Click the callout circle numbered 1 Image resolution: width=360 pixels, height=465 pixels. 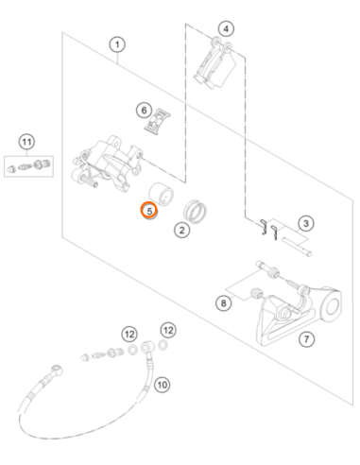117,44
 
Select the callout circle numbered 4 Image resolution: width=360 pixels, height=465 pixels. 226,29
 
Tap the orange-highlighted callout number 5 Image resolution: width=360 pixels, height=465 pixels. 149,211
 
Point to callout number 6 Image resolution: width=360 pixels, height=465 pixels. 144,111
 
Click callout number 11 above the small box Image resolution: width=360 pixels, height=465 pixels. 26,142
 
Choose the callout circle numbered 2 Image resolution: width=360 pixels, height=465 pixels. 181,230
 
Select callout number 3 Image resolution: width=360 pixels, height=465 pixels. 306,223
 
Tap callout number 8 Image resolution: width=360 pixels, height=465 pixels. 223,303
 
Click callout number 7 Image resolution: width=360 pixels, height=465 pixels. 306,339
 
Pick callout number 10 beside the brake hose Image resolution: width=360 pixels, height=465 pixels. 162,385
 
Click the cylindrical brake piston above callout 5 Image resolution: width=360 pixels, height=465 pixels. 161,194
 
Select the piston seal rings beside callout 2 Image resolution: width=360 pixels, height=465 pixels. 196,212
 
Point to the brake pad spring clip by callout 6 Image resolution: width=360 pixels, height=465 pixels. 158,122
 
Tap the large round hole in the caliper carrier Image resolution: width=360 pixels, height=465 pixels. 333,306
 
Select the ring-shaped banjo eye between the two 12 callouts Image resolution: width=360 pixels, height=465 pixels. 147,348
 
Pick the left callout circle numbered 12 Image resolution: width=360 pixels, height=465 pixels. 129,334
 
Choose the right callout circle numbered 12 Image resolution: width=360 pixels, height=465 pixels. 168,330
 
